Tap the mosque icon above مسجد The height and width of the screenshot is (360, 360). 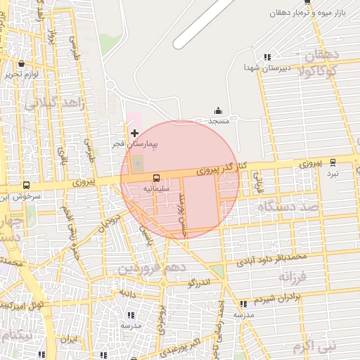(x=217, y=110)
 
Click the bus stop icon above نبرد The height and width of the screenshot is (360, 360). (x=333, y=162)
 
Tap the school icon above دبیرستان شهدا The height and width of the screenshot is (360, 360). (x=266, y=57)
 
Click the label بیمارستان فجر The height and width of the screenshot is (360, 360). (x=138, y=143)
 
